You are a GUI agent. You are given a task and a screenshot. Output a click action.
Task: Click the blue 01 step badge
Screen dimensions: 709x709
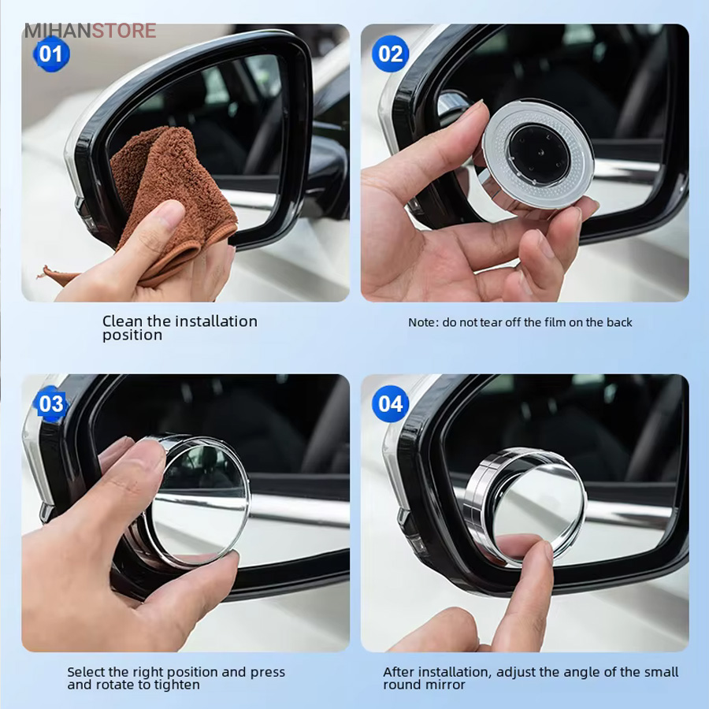point(51,54)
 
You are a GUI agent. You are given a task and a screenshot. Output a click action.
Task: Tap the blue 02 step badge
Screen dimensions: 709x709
point(390,54)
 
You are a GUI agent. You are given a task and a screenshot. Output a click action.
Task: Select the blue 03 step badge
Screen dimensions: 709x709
point(51,404)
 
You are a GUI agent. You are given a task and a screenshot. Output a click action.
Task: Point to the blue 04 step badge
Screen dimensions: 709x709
point(390,404)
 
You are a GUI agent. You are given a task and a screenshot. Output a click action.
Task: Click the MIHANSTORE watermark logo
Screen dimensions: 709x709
point(91,31)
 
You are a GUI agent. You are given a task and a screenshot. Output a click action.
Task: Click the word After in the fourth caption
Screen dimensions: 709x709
point(399,672)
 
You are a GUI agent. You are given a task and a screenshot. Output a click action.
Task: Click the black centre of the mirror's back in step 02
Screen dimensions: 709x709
point(539,154)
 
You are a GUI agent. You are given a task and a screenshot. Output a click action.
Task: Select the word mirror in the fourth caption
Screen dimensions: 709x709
point(447,685)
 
